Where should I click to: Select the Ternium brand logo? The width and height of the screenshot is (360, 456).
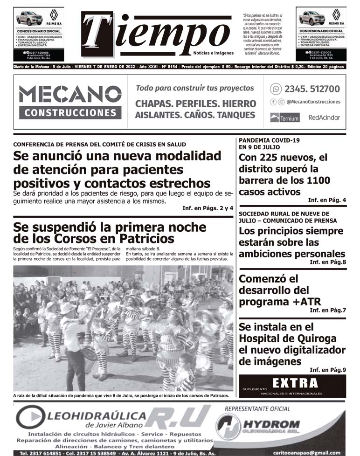(284, 118)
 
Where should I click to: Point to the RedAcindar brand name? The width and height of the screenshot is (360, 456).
(324, 118)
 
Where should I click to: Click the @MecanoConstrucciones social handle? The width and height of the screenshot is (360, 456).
(313, 102)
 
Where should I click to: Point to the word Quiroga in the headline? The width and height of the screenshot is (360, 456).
(321, 339)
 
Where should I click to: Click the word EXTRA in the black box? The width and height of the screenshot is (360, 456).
(295, 383)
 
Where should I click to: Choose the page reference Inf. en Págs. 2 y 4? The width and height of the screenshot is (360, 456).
(208, 208)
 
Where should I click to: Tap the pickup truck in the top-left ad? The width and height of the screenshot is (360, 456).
(29, 19)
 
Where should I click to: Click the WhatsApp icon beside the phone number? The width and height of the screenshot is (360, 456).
(276, 89)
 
